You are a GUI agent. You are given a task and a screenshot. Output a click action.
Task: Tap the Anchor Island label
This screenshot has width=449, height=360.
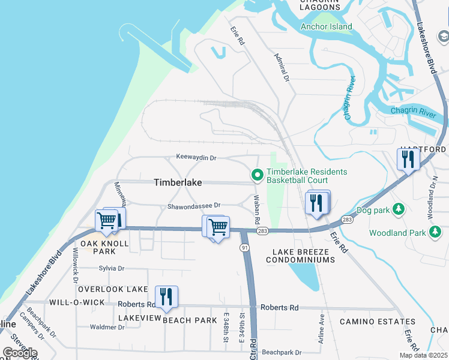click(326, 26)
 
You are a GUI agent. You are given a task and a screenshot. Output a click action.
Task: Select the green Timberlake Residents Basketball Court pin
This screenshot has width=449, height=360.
click(258, 175)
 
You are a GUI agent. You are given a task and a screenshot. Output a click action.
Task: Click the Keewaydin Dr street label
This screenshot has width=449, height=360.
click(196, 157)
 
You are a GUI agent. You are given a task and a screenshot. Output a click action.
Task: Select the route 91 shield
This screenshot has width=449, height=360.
click(244, 247)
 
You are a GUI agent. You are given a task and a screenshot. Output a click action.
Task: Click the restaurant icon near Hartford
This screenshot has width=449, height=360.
click(406, 159)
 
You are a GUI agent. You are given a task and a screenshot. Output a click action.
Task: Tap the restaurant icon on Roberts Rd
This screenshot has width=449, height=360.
click(166, 296)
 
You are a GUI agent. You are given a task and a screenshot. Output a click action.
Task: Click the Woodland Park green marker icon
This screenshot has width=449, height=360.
click(439, 232)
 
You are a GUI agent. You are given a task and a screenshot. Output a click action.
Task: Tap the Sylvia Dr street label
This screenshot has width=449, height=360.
click(112, 269)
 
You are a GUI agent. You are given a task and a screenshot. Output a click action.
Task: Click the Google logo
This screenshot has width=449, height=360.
click(20, 352)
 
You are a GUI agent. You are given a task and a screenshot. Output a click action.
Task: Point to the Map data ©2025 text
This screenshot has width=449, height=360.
click(423, 355)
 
